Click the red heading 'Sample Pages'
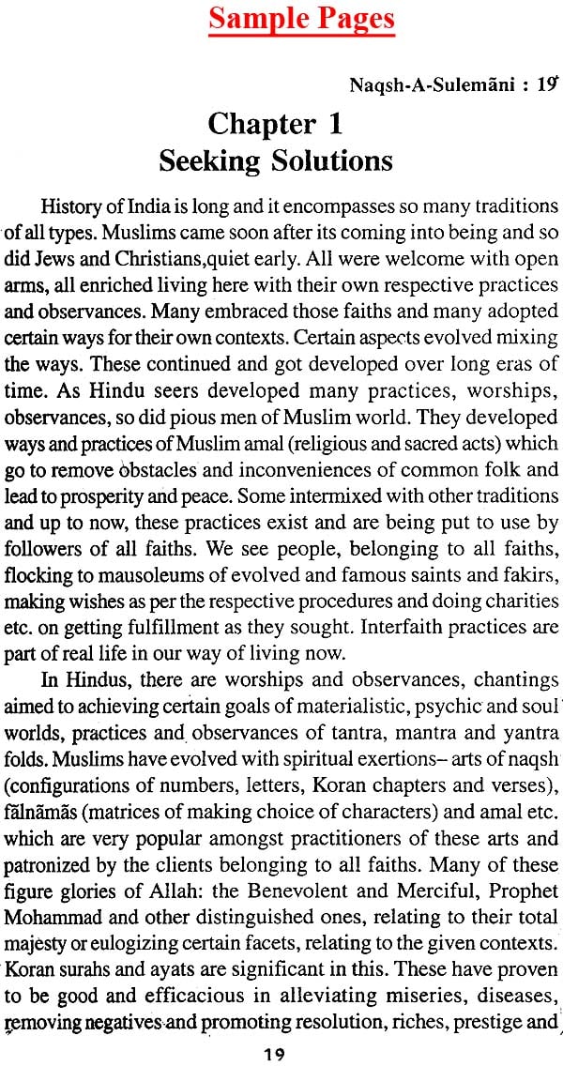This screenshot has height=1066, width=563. (301, 19)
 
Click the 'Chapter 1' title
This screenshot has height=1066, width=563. (275, 124)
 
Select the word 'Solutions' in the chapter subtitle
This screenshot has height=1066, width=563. (328, 160)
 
